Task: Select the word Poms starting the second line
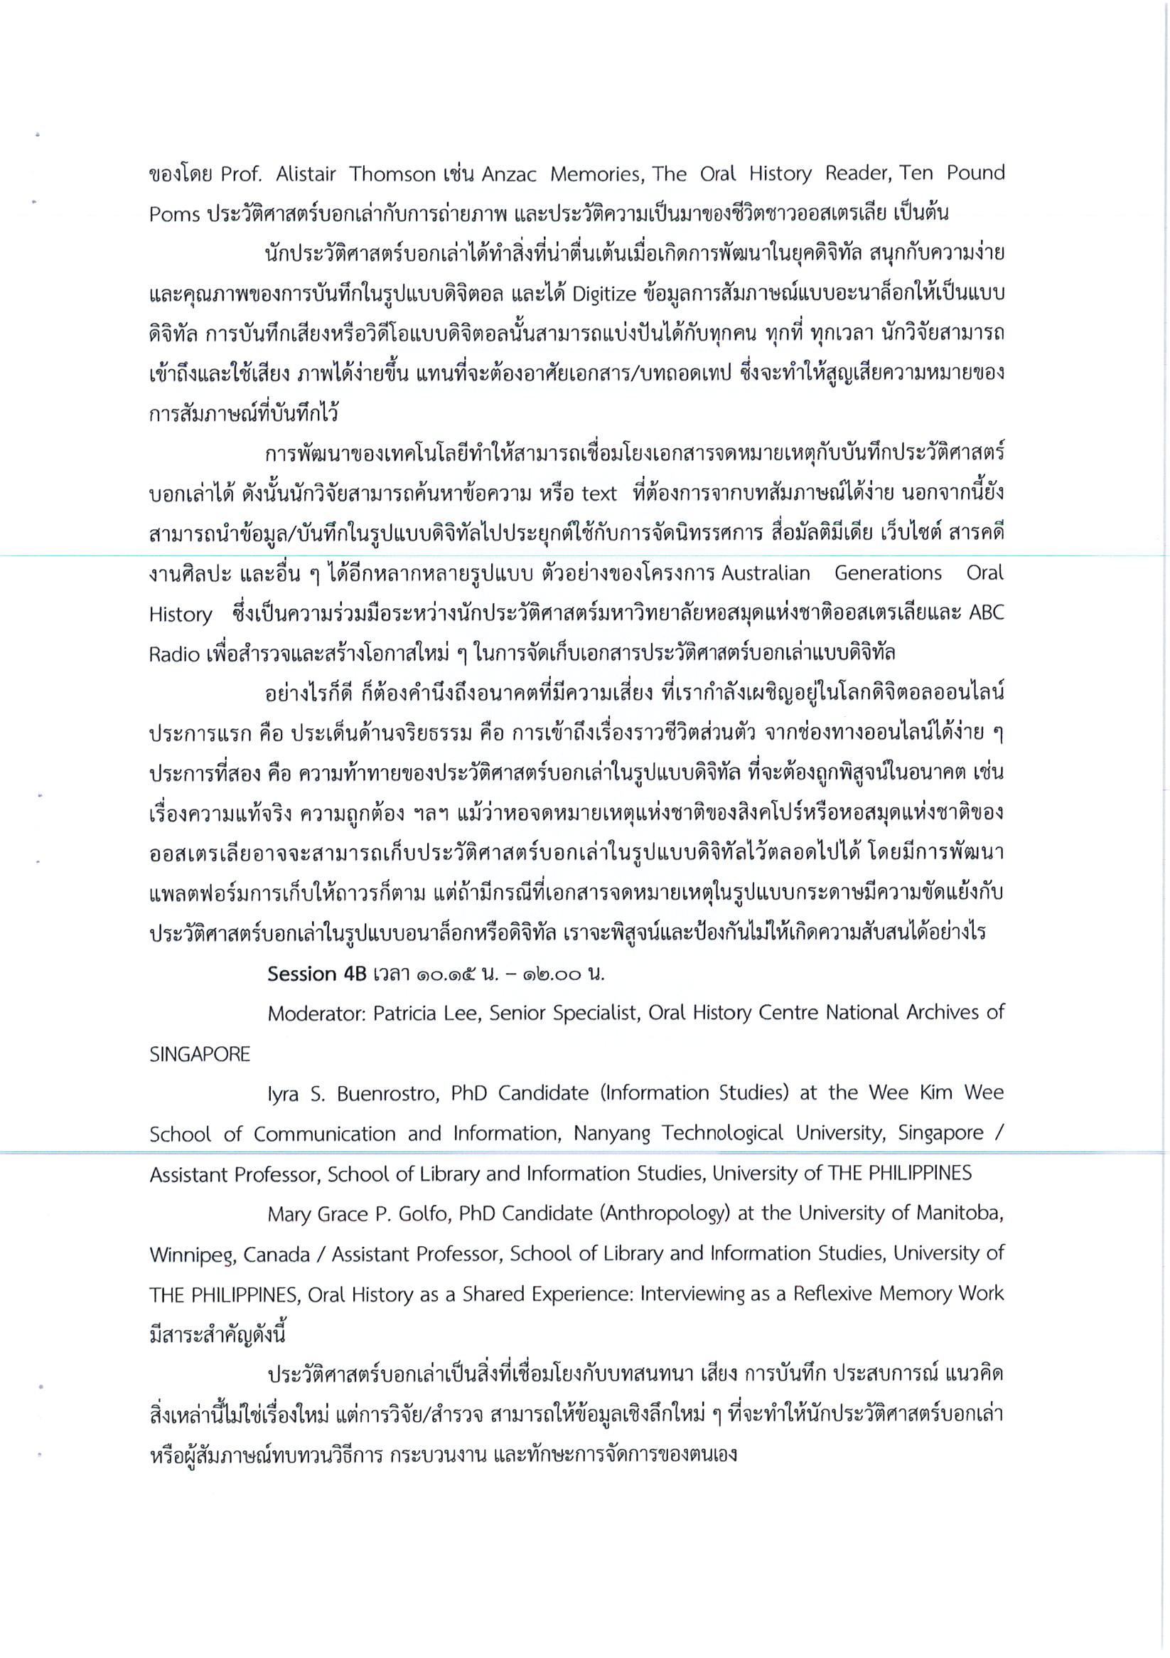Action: [x=174, y=215]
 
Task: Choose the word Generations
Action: [x=888, y=573]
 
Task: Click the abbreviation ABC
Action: [x=985, y=613]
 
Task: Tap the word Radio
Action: [x=174, y=654]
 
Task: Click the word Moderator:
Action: [x=317, y=1013]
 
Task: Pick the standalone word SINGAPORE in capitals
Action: [x=200, y=1053]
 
